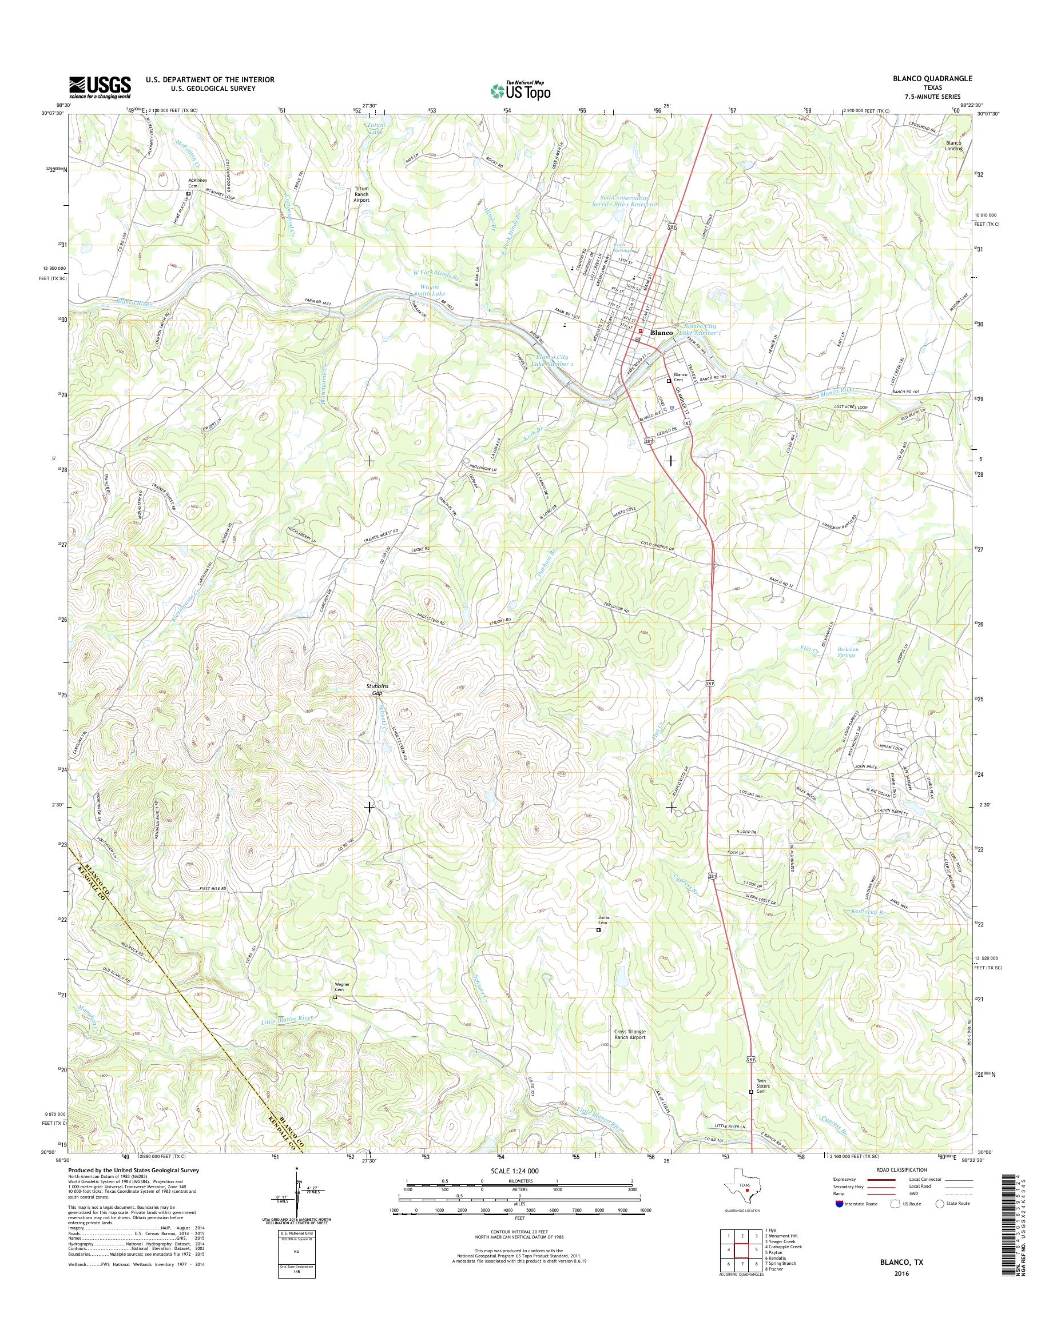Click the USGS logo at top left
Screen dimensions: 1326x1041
point(100,87)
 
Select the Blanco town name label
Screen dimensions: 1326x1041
point(662,333)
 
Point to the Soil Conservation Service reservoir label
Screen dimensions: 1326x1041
point(627,202)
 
